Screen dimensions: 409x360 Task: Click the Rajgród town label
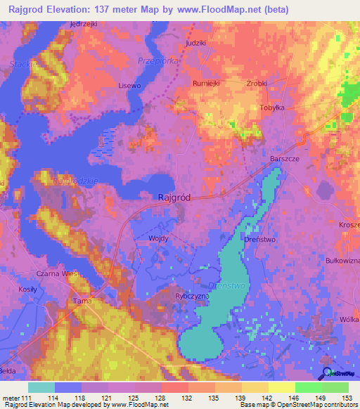(x=172, y=198)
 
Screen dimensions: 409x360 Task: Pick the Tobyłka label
(x=290, y=108)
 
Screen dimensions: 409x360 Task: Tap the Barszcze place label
(x=285, y=160)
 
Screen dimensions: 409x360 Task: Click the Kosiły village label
(x=27, y=290)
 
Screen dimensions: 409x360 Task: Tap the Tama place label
(x=83, y=301)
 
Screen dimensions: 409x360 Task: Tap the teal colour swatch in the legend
(x=41, y=387)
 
